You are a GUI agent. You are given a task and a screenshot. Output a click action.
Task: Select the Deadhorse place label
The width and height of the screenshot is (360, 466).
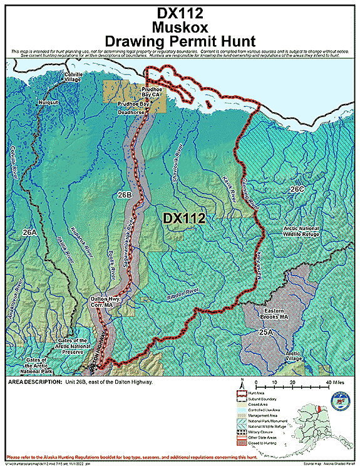click(131, 112)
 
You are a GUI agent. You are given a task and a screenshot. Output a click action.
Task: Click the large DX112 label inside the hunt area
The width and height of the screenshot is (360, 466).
click(184, 218)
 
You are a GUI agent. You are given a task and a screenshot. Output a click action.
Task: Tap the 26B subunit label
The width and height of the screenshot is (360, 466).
click(124, 195)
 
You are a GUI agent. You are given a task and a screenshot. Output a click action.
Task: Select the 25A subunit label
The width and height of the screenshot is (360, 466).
click(267, 332)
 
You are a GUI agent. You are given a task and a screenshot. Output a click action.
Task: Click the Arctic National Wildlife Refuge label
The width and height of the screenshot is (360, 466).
click(307, 232)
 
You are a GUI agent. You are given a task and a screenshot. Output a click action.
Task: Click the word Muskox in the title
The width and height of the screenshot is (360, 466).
click(180, 27)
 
